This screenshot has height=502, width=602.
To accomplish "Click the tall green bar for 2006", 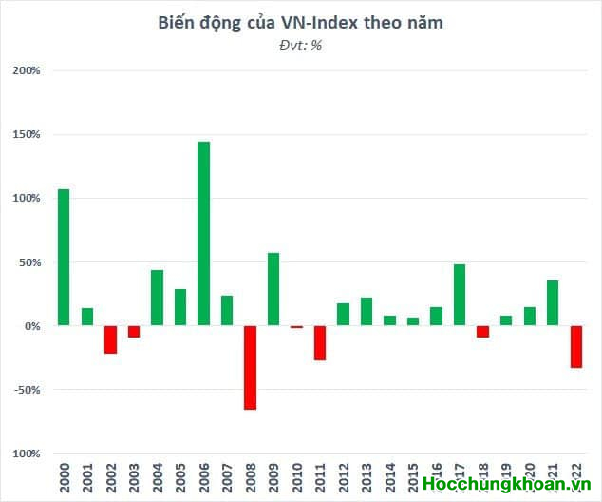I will pyautogui.click(x=203, y=233).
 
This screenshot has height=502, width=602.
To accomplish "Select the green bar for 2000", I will pyautogui.click(x=64, y=257).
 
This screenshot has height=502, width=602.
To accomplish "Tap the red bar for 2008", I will pyautogui.click(x=250, y=367).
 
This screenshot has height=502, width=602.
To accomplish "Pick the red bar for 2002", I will pyautogui.click(x=110, y=339).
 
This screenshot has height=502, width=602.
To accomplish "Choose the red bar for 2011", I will pyautogui.click(x=320, y=342).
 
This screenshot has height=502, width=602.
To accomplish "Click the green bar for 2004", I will pyautogui.click(x=157, y=298).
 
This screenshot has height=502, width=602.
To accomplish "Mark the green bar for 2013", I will pyautogui.click(x=367, y=312).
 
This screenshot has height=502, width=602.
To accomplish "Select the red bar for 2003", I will pyautogui.click(x=134, y=331).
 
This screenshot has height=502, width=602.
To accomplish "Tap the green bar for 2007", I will pyautogui.click(x=227, y=310).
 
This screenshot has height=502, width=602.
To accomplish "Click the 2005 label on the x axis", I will pyautogui.click(x=180, y=478).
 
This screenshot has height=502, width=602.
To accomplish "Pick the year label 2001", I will pyautogui.click(x=87, y=478).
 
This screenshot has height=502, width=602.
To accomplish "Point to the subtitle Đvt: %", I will pyautogui.click(x=300, y=45).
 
